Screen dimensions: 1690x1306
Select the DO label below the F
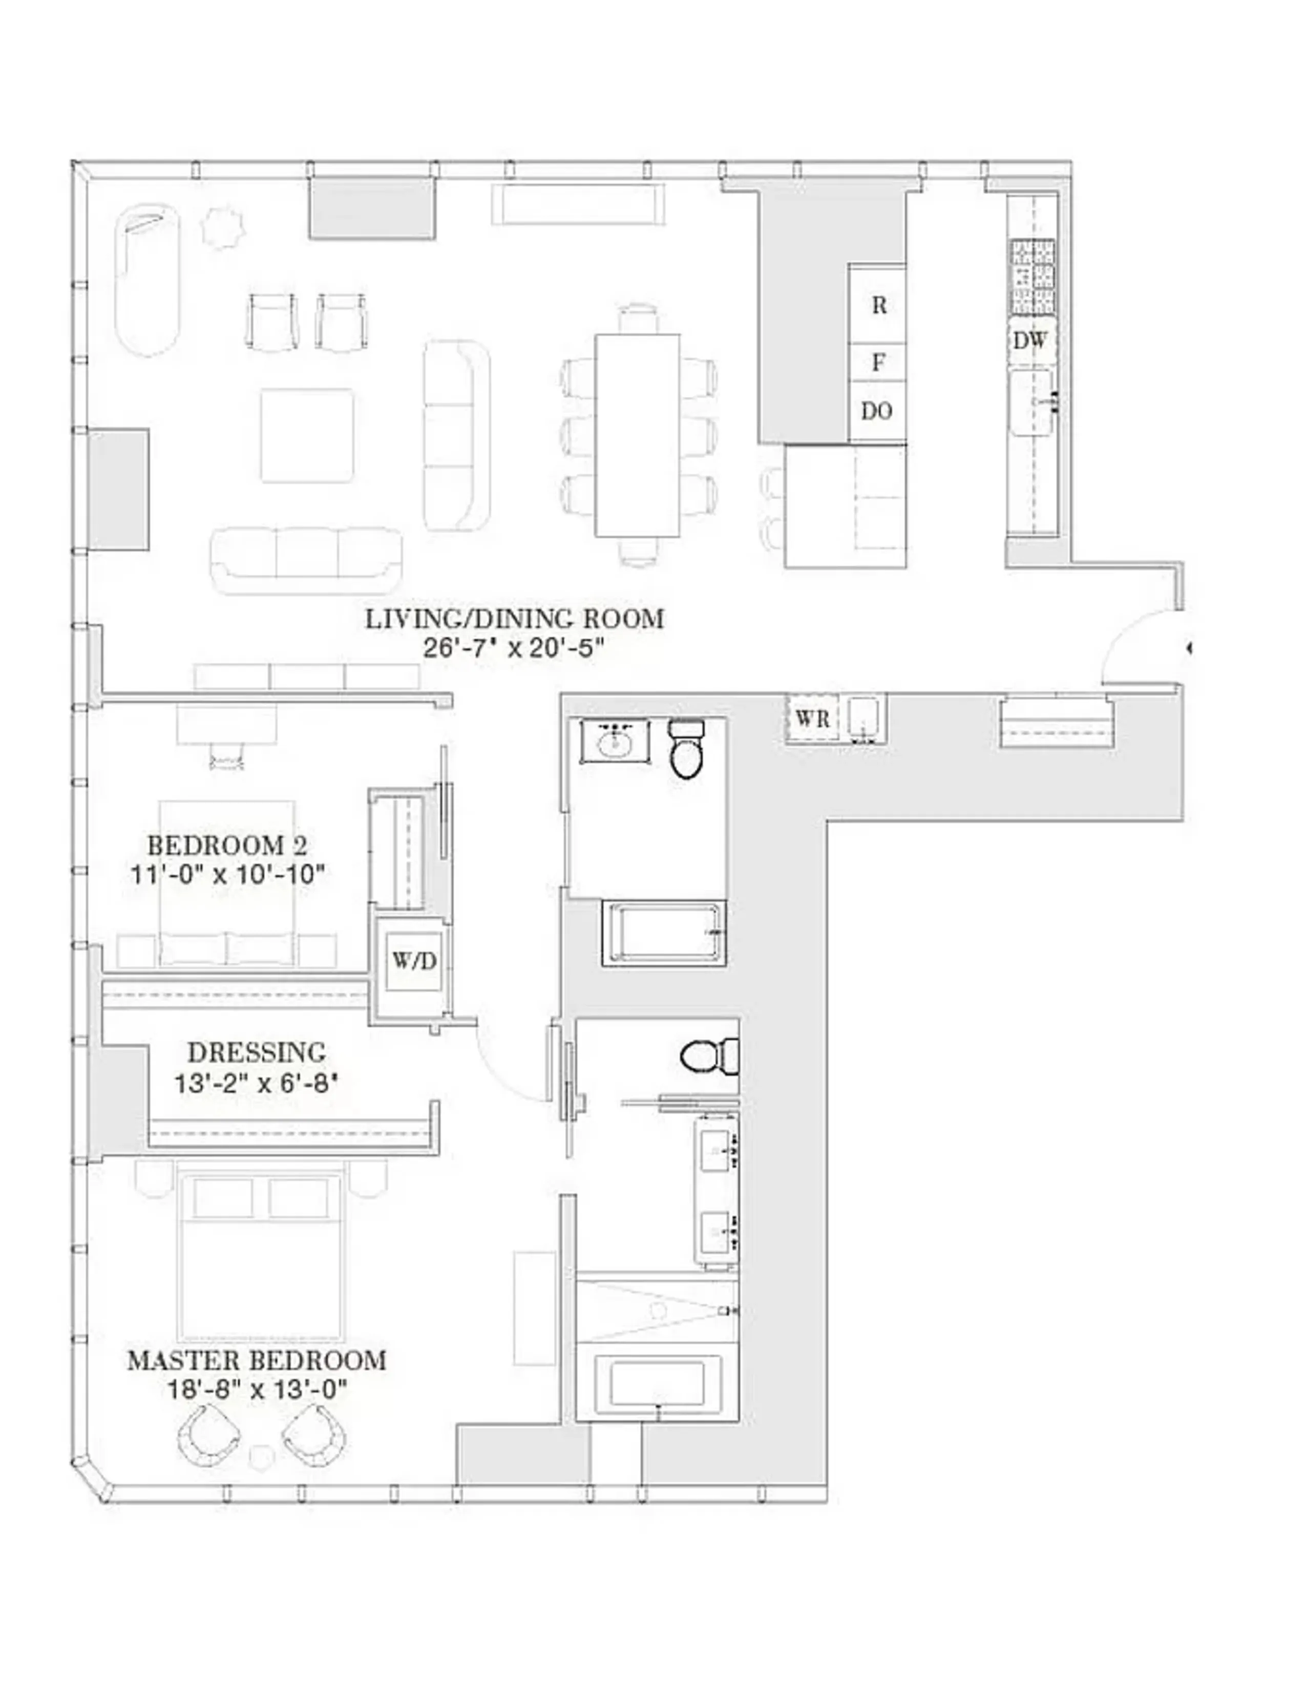[877, 411]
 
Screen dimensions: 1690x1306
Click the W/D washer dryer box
[414, 961]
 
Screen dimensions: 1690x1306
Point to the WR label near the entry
[812, 719]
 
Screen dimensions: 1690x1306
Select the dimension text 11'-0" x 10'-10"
[227, 874]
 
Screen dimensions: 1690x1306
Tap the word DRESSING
[256, 1052]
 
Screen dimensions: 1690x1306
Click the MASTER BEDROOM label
[256, 1360]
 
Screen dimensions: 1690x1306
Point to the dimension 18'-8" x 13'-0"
[256, 1390]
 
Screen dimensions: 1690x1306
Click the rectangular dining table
[638, 435]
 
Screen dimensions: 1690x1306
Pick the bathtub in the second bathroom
[664, 933]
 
